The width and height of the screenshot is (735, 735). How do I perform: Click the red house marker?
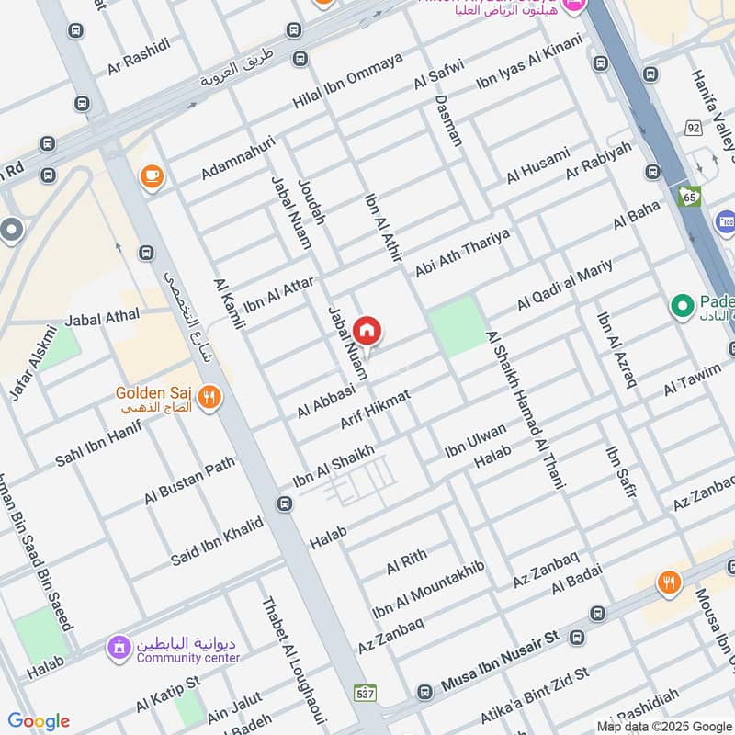[x=367, y=331]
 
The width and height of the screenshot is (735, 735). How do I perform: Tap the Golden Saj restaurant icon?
[x=210, y=398]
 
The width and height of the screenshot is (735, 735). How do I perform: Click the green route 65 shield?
[x=688, y=196]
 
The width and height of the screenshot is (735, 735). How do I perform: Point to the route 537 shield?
[x=365, y=691]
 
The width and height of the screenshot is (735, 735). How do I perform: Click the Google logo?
[x=38, y=720]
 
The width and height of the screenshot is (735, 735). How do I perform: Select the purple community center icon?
[x=118, y=650]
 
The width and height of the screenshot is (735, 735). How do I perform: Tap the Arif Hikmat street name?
[x=375, y=408]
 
